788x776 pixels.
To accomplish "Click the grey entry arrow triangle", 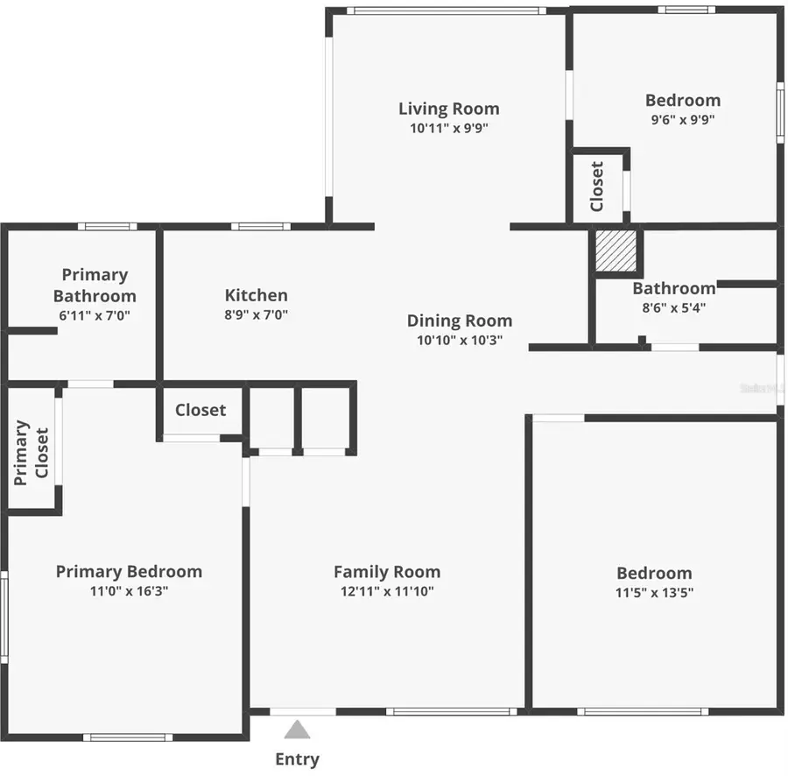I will tap(298, 730).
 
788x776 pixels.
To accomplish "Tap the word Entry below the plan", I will tap(298, 759).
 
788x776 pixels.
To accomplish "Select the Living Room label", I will tap(449, 109).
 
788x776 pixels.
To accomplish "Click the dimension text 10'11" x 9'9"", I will tap(449, 128).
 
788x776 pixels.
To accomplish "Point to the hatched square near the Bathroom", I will tap(615, 251).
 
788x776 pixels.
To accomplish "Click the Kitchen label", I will tap(256, 295).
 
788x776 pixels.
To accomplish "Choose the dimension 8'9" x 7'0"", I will tap(256, 314).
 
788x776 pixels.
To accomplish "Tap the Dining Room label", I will tap(460, 321).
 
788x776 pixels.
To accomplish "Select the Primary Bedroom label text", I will tap(129, 572).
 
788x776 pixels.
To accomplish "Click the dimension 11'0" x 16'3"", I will tap(129, 591).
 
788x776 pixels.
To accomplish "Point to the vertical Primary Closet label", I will tap(32, 453).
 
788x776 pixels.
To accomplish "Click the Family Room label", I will tap(387, 572).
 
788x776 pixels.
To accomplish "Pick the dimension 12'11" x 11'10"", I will tap(387, 591).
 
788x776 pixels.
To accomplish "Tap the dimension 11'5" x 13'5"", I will tap(654, 592).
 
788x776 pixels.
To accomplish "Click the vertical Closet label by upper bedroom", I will tap(597, 187).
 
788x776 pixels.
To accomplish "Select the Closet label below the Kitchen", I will tap(201, 410).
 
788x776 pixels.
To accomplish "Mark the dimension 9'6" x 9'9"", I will tap(683, 120).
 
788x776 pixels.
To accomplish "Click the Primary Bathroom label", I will tap(95, 286).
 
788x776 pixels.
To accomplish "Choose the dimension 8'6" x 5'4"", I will tap(670, 307).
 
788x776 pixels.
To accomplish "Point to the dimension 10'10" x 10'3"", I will tap(460, 340).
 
